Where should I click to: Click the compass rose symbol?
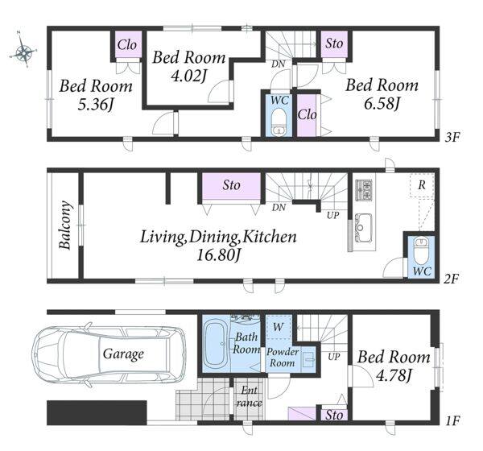coord(24,49)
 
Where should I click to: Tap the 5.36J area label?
coord(95,106)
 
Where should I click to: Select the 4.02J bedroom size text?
coord(188,77)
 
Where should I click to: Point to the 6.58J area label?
coord(382,104)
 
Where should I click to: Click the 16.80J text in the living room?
coord(218,255)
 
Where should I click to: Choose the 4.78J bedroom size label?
coord(394,376)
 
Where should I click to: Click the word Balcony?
coord(66,225)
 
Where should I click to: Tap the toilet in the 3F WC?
coord(279,122)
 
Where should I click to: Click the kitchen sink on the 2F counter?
coord(363,227)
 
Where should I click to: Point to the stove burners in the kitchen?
coord(364,190)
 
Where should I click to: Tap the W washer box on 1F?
coord(279,326)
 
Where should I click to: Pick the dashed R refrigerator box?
coord(422,185)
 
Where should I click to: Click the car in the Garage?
coord(109,355)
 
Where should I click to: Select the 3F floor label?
coord(452,137)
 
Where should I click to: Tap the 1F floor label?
coord(452,420)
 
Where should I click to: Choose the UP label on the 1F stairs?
coord(333,357)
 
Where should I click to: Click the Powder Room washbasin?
coord(308,359)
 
